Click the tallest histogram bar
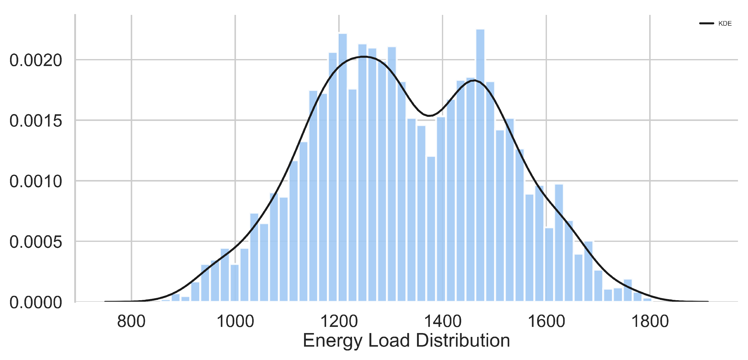pyautogui.click(x=480, y=165)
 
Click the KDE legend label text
pyautogui.click(x=725, y=24)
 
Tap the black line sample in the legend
pyautogui.click(x=706, y=23)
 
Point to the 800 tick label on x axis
pyautogui.click(x=131, y=321)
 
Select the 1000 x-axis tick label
pyautogui.click(x=235, y=321)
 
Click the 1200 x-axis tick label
pyautogui.click(x=339, y=321)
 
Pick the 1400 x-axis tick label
pyautogui.click(x=442, y=321)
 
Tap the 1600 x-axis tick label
pyautogui.click(x=546, y=321)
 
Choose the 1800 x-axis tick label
pyautogui.click(x=650, y=321)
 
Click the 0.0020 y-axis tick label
pyautogui.click(x=36, y=60)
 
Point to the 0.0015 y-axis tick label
pyautogui.click(x=36, y=121)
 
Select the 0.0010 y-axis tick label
pyautogui.click(x=36, y=182)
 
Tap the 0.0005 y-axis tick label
pyautogui.click(x=36, y=242)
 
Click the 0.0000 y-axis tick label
pyautogui.click(x=36, y=302)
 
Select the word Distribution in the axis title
pyautogui.click(x=463, y=340)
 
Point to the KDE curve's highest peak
pyautogui.click(x=364, y=57)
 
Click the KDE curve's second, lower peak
pyautogui.click(x=474, y=80)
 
